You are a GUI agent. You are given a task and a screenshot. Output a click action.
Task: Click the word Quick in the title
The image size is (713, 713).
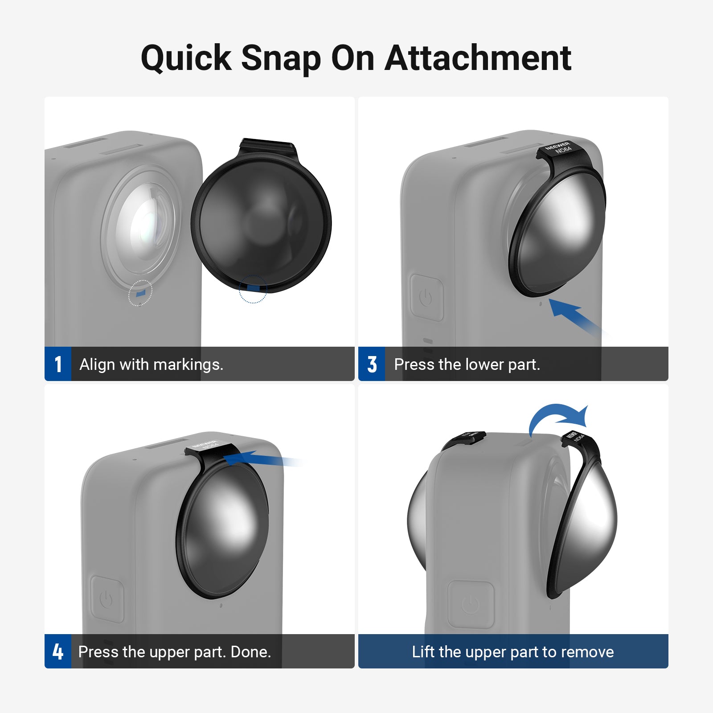(186, 58)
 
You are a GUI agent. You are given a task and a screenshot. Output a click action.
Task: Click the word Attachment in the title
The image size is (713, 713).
(478, 58)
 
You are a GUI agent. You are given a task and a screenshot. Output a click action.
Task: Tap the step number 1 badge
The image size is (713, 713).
(58, 364)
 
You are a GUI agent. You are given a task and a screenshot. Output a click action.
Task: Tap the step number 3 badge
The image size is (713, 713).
(372, 364)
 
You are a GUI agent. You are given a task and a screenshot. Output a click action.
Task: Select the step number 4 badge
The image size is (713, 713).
(58, 652)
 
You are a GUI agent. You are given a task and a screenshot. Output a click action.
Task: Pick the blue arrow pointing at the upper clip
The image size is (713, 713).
(263, 459)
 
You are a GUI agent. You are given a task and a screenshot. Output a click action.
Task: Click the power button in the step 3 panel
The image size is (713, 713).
(426, 297)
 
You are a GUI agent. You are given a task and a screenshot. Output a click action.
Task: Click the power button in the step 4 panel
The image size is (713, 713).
(107, 599)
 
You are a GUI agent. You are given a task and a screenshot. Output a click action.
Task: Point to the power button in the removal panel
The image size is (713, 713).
(471, 604)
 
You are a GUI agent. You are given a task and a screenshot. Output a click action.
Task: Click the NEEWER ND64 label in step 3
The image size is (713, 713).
(558, 148)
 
